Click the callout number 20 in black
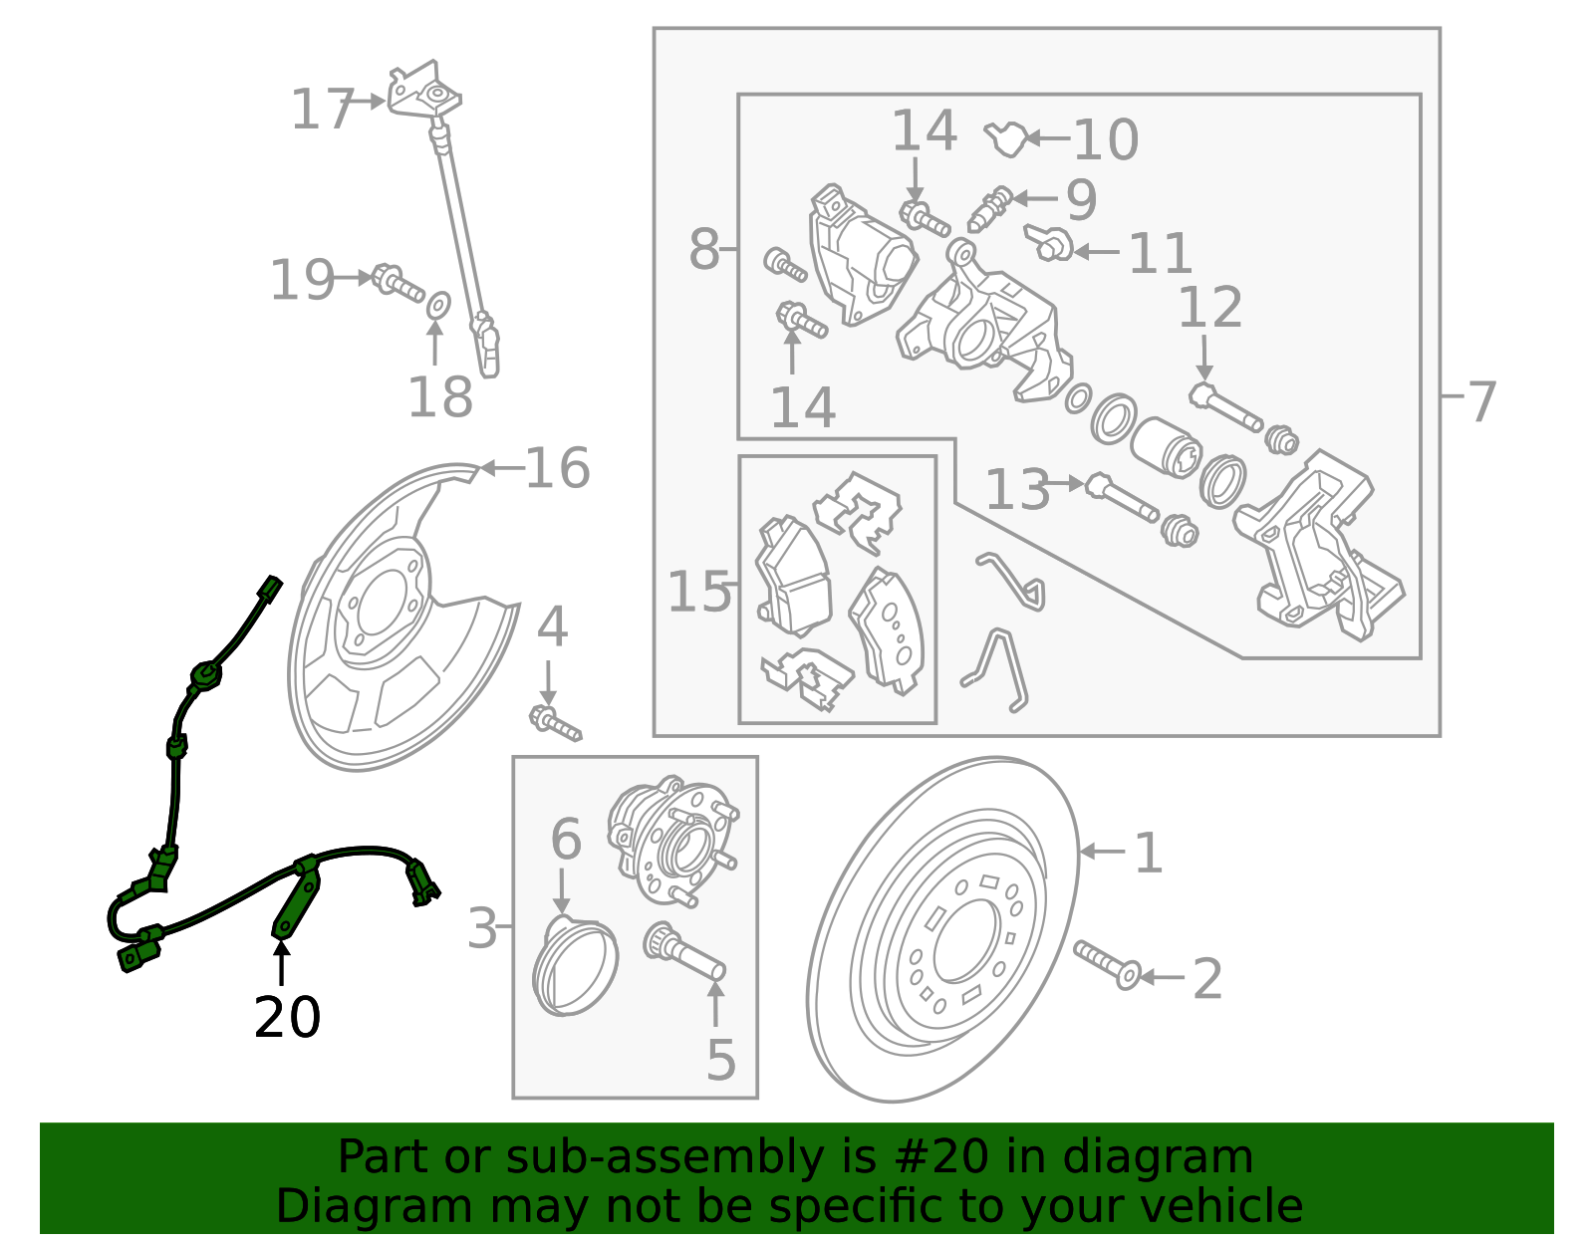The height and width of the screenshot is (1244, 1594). tap(287, 1018)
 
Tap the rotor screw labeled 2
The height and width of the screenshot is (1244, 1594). tap(1106, 964)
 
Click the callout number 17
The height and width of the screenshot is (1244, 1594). tap(322, 110)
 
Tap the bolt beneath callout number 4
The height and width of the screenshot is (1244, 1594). tap(555, 722)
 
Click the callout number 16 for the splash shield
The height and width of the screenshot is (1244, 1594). tap(557, 468)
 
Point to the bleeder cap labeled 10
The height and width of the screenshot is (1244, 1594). tap(1006, 139)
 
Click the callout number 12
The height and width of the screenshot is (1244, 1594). tap(1209, 308)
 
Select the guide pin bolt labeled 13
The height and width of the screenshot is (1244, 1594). tap(1122, 497)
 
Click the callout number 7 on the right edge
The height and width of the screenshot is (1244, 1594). tap(1481, 401)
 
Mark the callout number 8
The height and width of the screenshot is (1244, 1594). tap(703, 249)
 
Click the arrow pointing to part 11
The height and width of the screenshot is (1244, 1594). tap(1096, 253)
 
